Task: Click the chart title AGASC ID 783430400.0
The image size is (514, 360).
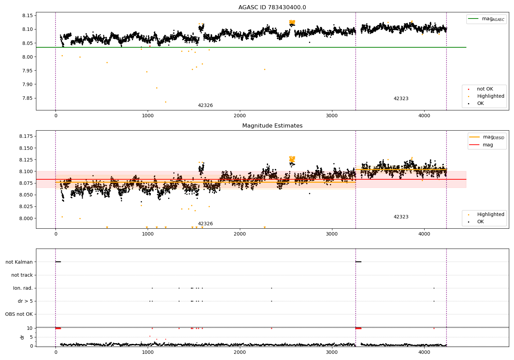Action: coord(272,8)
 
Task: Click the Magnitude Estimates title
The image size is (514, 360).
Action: coord(272,126)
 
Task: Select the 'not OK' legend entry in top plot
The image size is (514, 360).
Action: coord(485,89)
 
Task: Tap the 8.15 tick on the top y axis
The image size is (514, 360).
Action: coord(27,16)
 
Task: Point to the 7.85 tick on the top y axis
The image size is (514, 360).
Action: coord(27,98)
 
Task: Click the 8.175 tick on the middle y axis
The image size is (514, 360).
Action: coord(26,136)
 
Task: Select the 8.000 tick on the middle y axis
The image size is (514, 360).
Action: coord(26,218)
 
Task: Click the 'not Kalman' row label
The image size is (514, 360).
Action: coord(19,262)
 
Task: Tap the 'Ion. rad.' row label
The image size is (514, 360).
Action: coord(23,288)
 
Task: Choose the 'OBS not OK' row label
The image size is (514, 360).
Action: coord(19,314)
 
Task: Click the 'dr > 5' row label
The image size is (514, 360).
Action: coord(25,301)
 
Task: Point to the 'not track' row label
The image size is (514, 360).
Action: coord(22,275)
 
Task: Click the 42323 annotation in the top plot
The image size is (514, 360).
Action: coord(401,99)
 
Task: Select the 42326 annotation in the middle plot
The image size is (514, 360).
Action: coord(205,224)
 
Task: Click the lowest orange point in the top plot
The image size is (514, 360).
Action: coord(166,102)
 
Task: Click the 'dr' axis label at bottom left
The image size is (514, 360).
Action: coord(22,337)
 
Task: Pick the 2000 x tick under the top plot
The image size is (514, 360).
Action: coord(240,116)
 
